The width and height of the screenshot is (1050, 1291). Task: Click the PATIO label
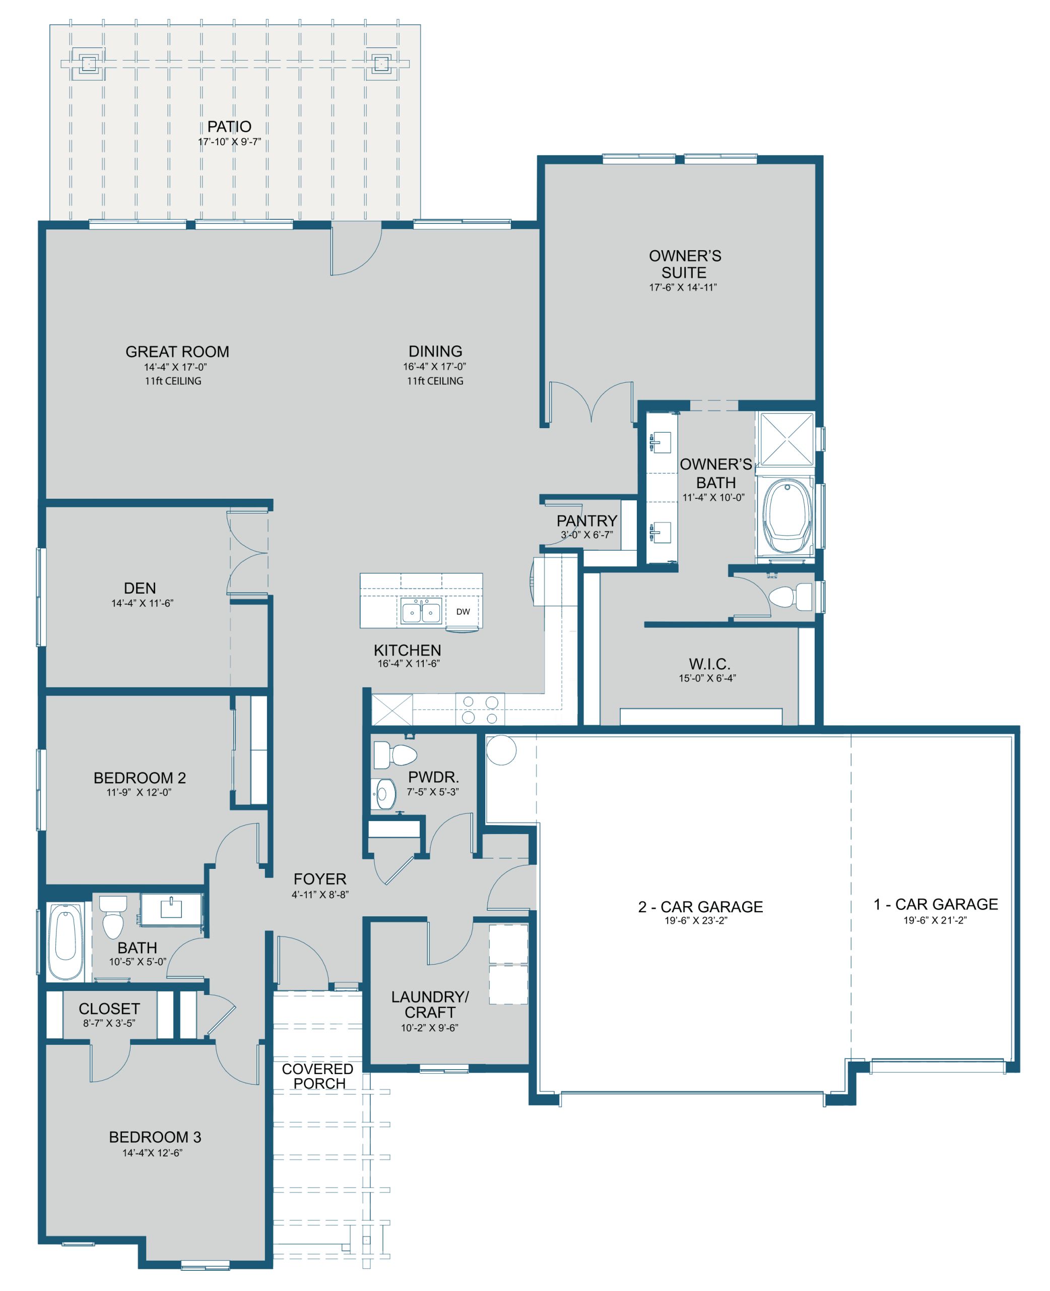point(229,127)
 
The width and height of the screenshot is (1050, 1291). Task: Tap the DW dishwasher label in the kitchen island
point(463,611)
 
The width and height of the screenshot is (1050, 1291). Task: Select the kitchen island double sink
point(421,612)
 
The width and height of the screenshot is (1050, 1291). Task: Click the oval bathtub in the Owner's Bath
point(787,516)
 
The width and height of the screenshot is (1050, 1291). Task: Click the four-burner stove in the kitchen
point(480,710)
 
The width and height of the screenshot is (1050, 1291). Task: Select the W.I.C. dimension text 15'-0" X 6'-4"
point(707,678)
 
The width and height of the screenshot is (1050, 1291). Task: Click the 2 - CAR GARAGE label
point(700,907)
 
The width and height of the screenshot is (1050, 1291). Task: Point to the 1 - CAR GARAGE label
point(935,904)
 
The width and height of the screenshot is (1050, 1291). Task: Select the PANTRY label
point(586,520)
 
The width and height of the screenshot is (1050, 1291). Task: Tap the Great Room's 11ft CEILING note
point(173,381)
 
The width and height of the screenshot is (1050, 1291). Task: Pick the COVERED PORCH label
point(318,1076)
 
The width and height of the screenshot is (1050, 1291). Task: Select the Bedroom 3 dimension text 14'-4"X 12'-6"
point(153,1153)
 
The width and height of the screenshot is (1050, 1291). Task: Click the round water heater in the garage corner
point(501,750)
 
